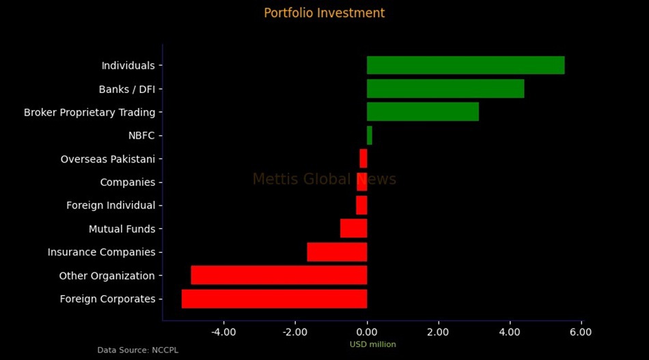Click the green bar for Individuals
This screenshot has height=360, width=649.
[465, 66]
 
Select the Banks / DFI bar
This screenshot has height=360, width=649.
[445, 89]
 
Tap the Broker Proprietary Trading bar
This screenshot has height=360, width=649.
[422, 112]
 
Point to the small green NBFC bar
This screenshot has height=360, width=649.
[370, 135]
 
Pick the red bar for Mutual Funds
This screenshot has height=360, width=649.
[354, 228]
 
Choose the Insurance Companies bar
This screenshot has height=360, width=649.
[337, 252]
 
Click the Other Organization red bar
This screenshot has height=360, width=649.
[279, 275]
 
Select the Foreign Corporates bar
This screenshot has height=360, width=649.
[274, 299]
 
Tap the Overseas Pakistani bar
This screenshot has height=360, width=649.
[363, 158]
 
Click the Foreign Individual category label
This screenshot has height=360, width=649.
[111, 206]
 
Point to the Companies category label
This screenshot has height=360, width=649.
[128, 182]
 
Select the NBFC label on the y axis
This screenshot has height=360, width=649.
[141, 136]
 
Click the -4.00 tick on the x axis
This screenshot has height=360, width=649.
[224, 332]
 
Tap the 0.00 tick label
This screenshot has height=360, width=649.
[367, 332]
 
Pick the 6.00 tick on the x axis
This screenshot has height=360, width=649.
[581, 332]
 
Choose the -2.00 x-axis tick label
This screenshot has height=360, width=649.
[295, 332]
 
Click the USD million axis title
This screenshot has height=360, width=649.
[372, 344]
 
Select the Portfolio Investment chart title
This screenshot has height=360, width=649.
[324, 13]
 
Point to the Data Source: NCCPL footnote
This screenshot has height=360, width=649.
[137, 350]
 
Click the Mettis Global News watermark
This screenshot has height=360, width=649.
[324, 180]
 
